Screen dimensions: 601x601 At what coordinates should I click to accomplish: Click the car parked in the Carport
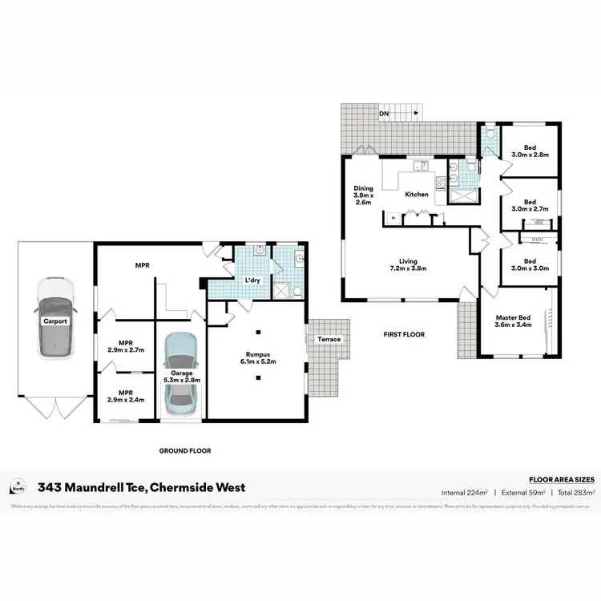[54, 319]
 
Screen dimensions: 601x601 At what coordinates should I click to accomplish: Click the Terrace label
[329, 339]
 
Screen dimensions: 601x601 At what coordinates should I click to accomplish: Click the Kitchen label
[417, 195]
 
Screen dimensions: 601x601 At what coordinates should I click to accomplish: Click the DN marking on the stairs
[384, 114]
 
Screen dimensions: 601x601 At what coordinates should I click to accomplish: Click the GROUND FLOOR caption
[185, 451]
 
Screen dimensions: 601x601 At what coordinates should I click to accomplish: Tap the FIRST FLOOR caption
[405, 334]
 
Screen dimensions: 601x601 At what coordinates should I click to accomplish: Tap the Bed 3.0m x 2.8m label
[530, 151]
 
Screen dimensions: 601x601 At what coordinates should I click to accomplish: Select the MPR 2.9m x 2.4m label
[124, 397]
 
